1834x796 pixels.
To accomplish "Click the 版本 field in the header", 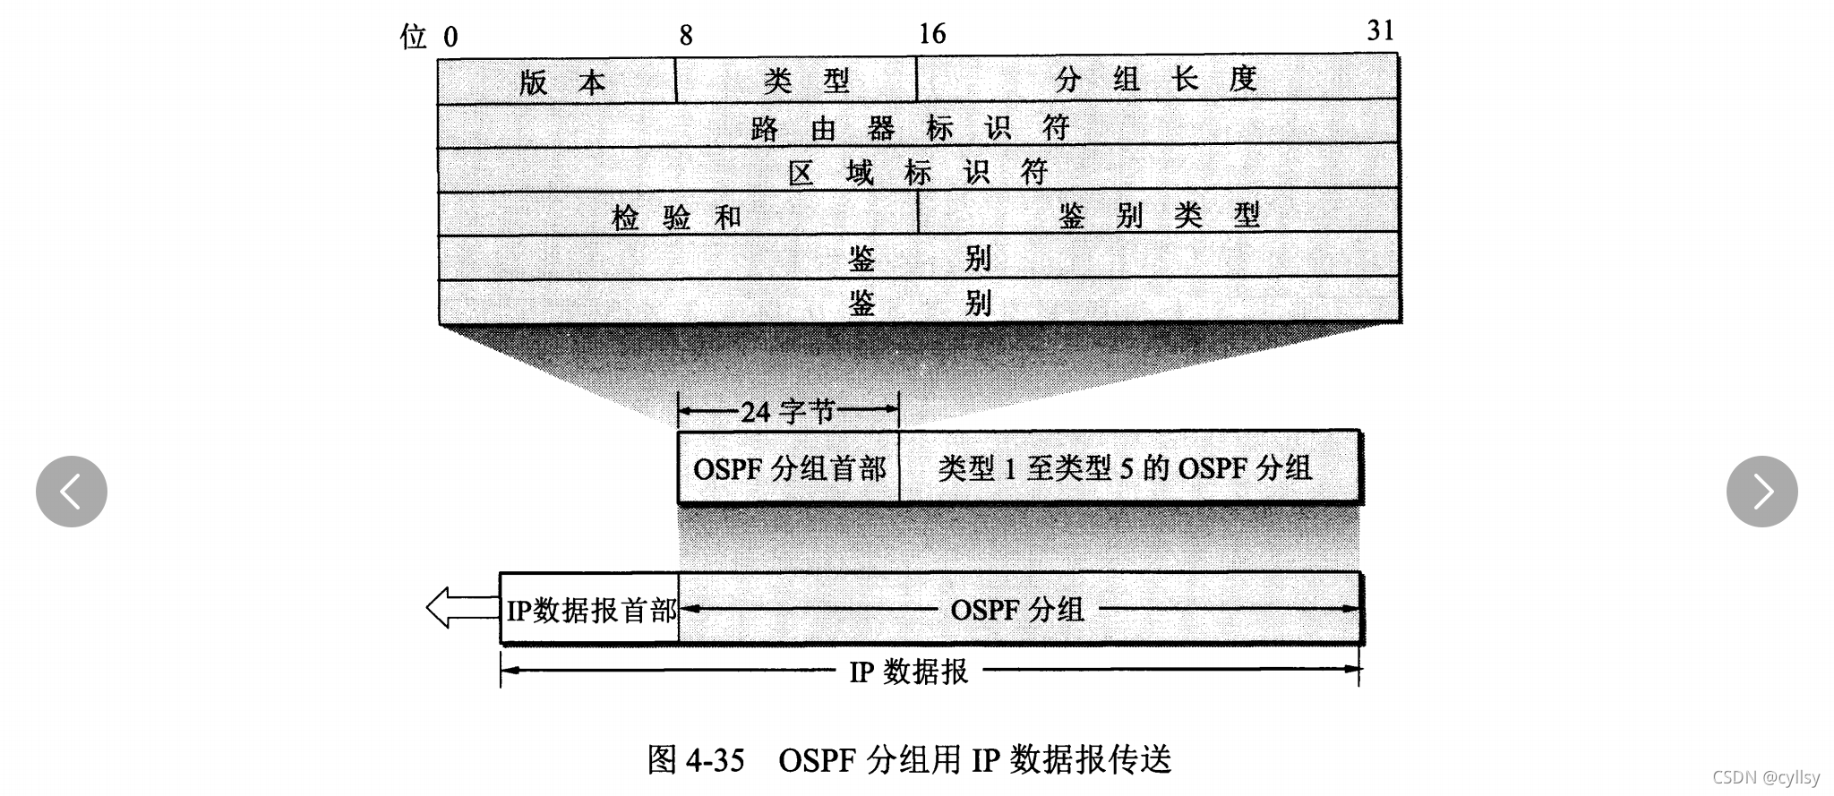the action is [561, 82].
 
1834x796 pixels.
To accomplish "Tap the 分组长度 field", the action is [1155, 80].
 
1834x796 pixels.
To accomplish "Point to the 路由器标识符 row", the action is [910, 128].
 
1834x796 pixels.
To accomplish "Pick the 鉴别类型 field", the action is [1159, 215].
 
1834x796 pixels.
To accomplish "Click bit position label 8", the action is [686, 36].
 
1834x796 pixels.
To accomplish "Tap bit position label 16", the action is [931, 34].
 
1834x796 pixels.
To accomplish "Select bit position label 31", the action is [1380, 30].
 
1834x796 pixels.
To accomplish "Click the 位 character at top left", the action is [413, 37].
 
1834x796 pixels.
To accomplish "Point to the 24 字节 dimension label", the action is [787, 411].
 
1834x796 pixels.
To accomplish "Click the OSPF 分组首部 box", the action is [789, 468].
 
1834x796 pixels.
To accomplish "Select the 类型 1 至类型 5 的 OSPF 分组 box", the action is [1126, 468].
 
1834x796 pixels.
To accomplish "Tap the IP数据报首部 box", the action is [591, 610].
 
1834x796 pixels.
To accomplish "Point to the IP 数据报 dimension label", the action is [908, 671].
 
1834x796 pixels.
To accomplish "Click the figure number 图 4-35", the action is [696, 759].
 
